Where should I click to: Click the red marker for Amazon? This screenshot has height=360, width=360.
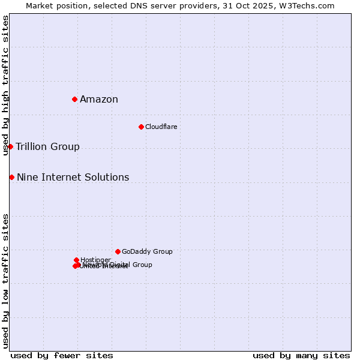coord(74,99)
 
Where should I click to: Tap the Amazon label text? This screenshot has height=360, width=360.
coord(99,100)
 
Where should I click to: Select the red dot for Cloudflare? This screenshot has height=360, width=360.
coord(141,127)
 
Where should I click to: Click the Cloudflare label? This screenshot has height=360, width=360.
coord(161,127)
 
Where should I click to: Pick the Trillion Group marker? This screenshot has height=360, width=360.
coord(10,146)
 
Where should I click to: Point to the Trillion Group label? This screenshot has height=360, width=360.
coord(47,147)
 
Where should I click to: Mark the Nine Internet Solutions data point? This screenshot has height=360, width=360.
coord(11,177)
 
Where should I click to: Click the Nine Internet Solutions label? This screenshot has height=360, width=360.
coord(73,178)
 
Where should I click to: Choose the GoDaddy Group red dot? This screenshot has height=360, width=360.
coord(118,251)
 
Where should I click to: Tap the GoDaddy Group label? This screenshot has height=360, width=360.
coord(147,252)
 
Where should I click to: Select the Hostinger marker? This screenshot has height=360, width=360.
coord(76,260)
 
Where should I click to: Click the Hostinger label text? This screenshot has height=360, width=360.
coord(95,260)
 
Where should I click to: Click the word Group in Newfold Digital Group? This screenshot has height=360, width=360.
coord(142,265)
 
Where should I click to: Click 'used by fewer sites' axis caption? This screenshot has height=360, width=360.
coord(62,355)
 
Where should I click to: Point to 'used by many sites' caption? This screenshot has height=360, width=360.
coord(301,355)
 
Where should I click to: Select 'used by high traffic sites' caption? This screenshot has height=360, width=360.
coord(5,85)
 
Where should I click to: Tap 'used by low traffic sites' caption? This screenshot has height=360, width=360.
coord(5,281)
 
